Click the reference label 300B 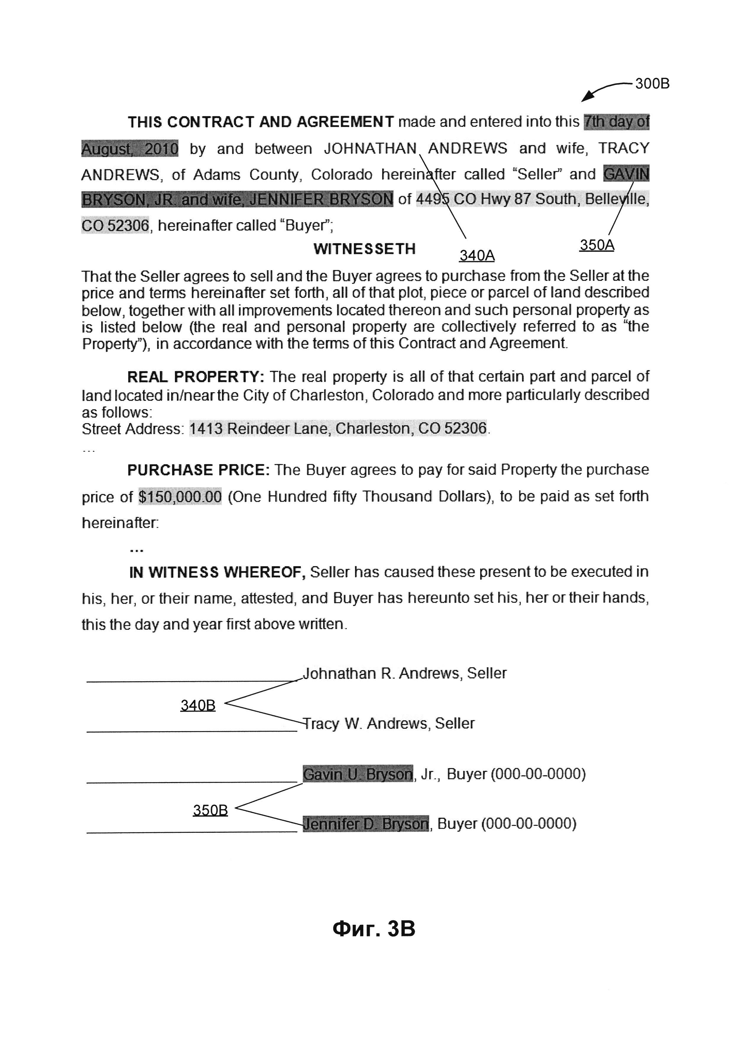click(652, 84)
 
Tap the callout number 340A click(477, 256)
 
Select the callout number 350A click(597, 245)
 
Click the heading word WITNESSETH click(364, 249)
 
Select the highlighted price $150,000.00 click(180, 497)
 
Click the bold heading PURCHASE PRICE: click(198, 470)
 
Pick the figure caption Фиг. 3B click(374, 929)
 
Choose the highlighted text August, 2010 click(129, 149)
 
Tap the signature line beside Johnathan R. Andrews click(192, 681)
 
